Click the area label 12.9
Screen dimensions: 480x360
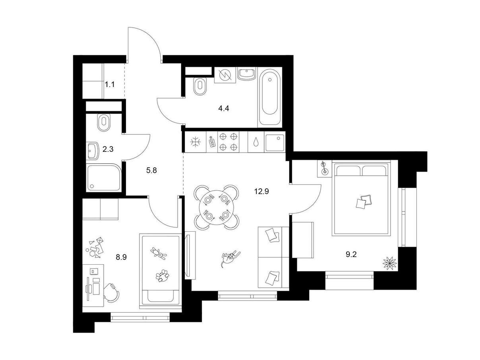pos(261,191)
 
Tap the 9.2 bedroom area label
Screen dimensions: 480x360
pos(351,254)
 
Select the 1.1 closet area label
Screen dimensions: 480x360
pos(110,84)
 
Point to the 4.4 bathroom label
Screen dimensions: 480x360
pos(223,108)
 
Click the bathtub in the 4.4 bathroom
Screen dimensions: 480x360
pos(270,97)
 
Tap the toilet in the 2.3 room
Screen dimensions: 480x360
pos(104,123)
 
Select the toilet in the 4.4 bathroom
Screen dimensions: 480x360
pos(200,86)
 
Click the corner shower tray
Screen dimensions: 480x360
pos(104,178)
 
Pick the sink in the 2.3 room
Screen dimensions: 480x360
pos(93,151)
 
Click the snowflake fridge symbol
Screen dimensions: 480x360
pos(195,142)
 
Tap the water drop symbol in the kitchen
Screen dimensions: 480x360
pos(255,142)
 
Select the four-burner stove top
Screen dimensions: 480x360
pos(228,142)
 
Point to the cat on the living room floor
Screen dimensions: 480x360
pos(230,257)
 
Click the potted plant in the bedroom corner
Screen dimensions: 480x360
pos(389,263)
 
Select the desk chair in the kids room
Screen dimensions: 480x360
pos(112,292)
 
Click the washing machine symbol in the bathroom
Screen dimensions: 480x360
pos(225,75)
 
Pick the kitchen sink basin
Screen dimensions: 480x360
pos(275,142)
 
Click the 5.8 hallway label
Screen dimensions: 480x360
pos(151,170)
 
